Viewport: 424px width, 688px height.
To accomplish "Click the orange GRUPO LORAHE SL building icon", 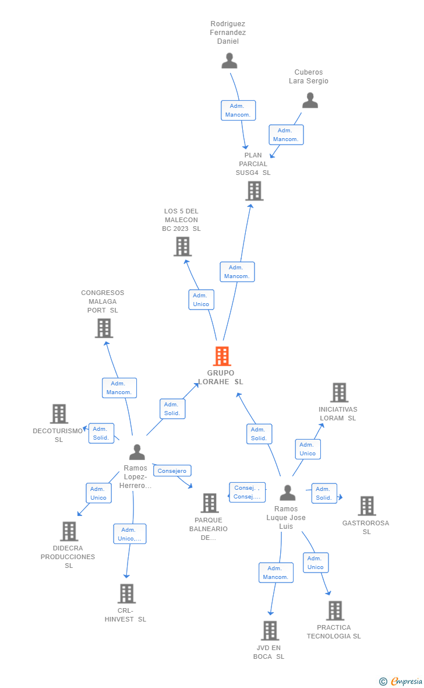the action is point(222,356).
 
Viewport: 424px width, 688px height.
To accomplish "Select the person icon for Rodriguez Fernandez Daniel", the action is point(229,61).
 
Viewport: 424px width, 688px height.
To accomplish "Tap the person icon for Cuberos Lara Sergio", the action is point(310,100).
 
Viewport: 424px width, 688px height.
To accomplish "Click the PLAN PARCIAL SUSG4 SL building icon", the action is point(254,191).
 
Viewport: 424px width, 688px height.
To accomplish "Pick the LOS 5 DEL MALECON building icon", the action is point(182,246).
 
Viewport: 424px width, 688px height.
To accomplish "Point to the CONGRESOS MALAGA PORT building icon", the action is point(104,328).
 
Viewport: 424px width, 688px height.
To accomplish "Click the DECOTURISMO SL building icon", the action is point(59,413).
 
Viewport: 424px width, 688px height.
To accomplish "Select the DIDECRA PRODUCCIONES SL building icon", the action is point(69,531).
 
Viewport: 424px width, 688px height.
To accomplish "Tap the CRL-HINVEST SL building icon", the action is point(126,593).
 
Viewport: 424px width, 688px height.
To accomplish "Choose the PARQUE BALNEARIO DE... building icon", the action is point(209,503).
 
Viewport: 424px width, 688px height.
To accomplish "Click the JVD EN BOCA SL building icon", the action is point(270,630).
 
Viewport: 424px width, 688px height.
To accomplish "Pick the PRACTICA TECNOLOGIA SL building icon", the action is point(334,610).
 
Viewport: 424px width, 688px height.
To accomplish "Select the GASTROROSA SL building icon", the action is point(366,506).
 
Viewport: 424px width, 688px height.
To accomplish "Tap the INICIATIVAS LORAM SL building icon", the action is point(339,392).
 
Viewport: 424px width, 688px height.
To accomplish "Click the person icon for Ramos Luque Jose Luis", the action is point(287,493).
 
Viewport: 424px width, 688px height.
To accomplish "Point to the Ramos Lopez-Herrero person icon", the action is point(137,452).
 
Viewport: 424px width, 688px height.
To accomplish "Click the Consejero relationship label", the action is point(172,471).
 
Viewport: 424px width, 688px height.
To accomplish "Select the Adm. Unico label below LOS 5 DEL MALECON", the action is point(201,300).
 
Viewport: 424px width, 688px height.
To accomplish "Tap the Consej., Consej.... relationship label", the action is point(247,492).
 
